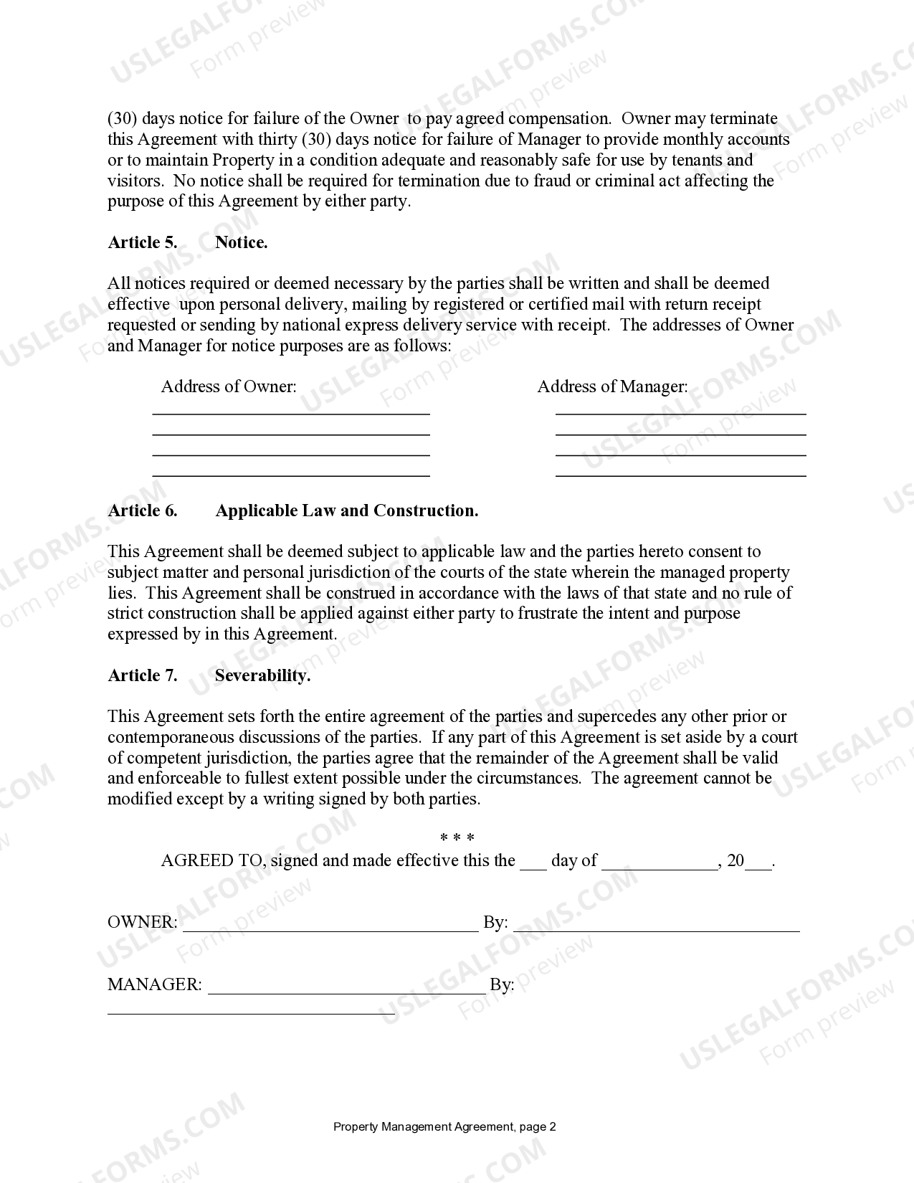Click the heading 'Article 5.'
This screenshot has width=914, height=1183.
click(142, 242)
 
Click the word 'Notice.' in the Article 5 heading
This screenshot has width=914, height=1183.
click(241, 242)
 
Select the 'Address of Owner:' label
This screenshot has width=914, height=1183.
click(228, 386)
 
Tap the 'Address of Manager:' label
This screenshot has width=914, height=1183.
click(611, 386)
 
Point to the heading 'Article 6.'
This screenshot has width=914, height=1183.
click(142, 510)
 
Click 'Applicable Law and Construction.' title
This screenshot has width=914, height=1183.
click(346, 510)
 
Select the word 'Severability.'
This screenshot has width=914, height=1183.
click(262, 675)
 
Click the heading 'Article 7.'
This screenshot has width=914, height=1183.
click(142, 675)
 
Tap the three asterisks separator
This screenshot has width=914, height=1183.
click(457, 837)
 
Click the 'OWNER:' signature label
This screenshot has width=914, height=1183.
click(142, 922)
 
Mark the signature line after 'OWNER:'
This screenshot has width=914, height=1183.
click(330, 929)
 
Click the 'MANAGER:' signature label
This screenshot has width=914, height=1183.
click(154, 984)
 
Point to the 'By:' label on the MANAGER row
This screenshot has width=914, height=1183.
click(501, 984)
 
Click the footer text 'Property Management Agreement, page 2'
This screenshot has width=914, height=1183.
click(444, 1126)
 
